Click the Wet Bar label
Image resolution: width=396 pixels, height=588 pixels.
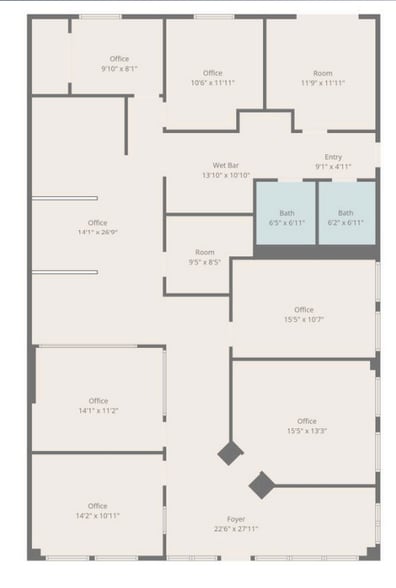click(x=225, y=165)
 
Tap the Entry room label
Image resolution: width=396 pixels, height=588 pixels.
click(x=333, y=156)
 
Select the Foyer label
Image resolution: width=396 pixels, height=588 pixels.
click(x=236, y=519)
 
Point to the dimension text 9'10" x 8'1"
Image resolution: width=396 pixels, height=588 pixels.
click(x=119, y=69)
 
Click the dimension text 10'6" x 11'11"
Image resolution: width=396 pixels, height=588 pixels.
click(x=212, y=83)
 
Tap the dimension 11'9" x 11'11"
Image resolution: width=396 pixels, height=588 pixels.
click(x=322, y=83)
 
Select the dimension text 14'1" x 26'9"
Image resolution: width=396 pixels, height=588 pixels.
click(x=98, y=233)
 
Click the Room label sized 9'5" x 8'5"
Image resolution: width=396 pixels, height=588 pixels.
click(x=205, y=252)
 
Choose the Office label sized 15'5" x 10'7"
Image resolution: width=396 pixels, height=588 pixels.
click(x=304, y=310)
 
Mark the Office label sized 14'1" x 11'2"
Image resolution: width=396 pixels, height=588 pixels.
click(x=98, y=401)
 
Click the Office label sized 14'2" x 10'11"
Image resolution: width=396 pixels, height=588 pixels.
click(x=98, y=506)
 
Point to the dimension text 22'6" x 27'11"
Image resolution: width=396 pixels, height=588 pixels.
click(x=236, y=529)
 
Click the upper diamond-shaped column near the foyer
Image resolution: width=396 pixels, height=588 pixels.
click(x=230, y=454)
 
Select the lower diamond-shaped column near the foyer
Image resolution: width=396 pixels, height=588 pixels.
click(x=261, y=485)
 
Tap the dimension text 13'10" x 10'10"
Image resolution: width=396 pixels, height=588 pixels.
click(x=225, y=175)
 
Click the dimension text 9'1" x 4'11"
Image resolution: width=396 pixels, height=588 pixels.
click(x=333, y=166)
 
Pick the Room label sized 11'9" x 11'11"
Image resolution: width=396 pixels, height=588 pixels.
click(x=322, y=73)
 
